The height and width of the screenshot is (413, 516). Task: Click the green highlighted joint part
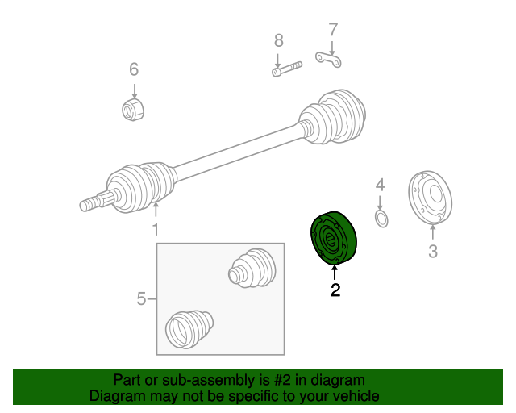click(x=333, y=238)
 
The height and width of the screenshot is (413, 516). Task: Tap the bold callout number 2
click(x=335, y=290)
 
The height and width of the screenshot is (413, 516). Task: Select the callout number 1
click(x=156, y=229)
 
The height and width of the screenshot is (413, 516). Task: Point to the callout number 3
click(x=433, y=251)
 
